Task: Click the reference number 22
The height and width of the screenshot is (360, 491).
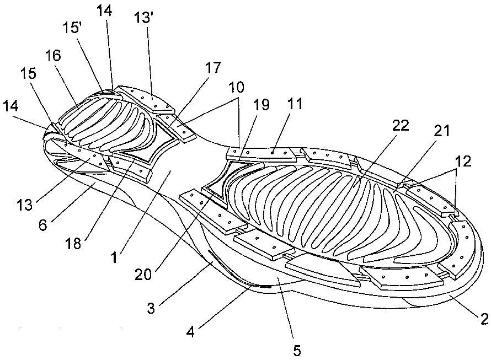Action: [x=401, y=126]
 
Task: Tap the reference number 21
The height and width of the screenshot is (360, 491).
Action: [x=441, y=131]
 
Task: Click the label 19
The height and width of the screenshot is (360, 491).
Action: [x=261, y=105]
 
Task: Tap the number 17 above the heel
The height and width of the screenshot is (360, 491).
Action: [x=214, y=68]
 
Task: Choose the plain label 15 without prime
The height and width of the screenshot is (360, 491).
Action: [x=29, y=74]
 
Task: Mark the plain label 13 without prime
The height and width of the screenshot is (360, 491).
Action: [x=25, y=205]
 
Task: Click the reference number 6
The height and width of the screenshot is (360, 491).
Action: [x=42, y=224]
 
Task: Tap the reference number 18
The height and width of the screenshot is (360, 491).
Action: [x=73, y=243]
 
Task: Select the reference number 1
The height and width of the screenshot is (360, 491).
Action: [x=115, y=258]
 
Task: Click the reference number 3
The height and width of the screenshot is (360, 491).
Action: [x=151, y=308]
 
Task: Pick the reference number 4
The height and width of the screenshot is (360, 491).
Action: [x=190, y=331]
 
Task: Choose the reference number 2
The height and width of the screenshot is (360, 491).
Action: [x=484, y=319]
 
